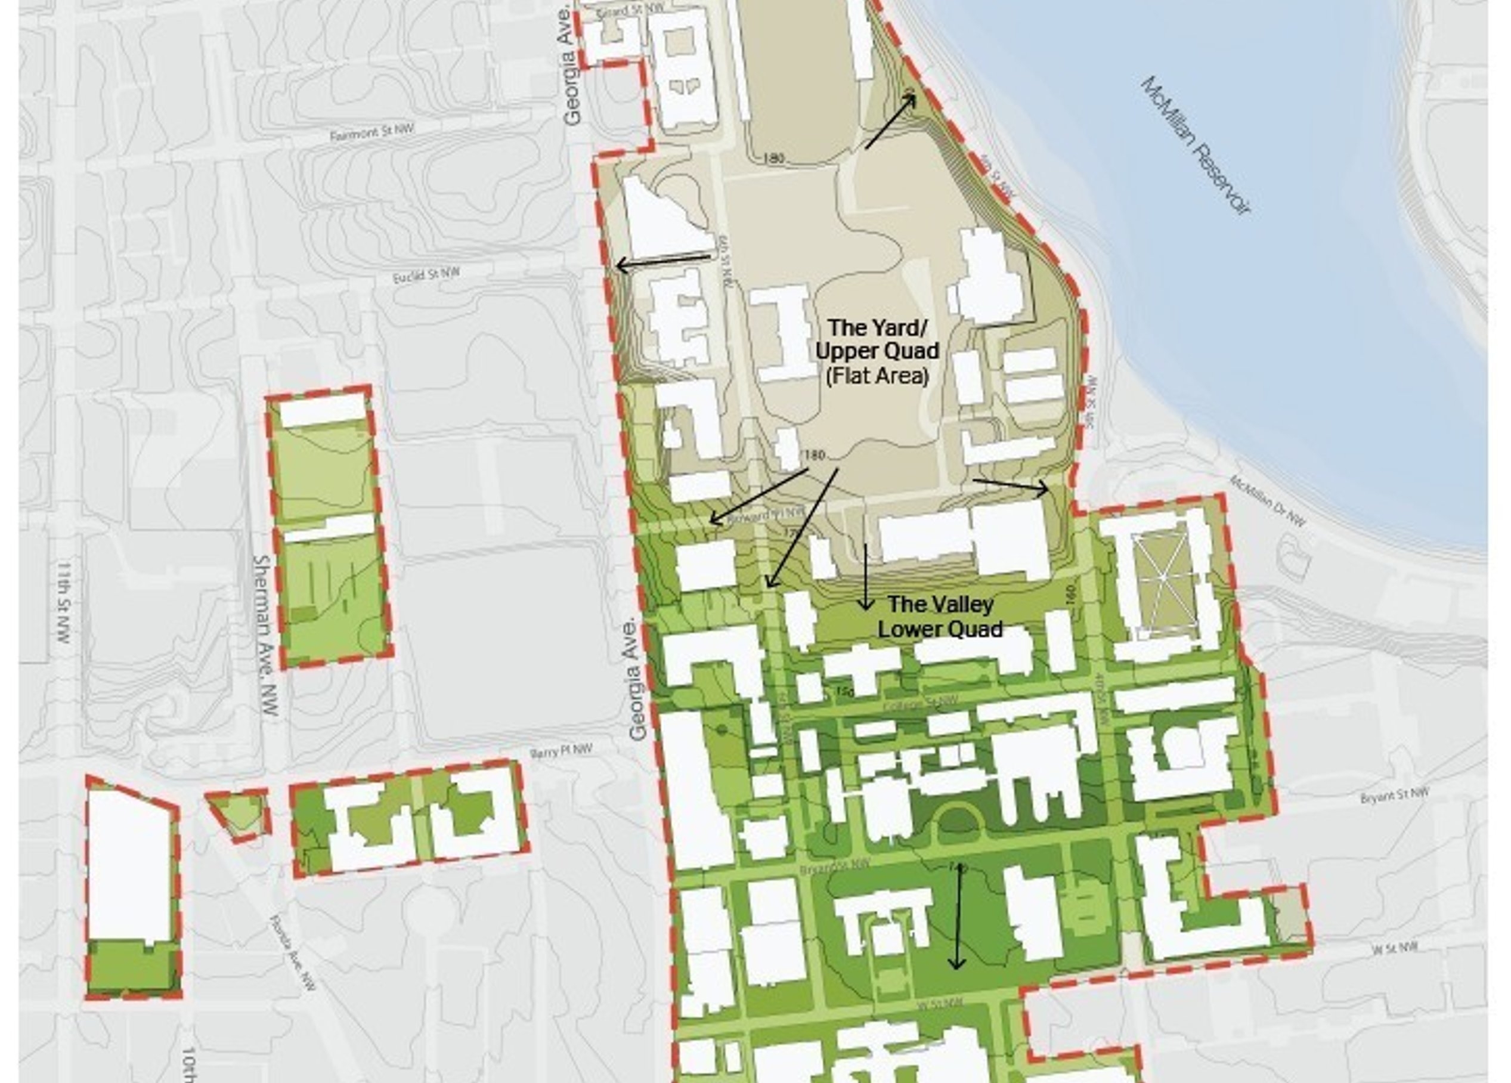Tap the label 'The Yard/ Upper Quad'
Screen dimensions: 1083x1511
pyautogui.click(x=877, y=339)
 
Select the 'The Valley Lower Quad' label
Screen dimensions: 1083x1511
pyautogui.click(x=940, y=617)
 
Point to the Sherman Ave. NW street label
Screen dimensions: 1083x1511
pyautogui.click(x=265, y=635)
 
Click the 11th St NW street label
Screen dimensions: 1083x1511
pyautogui.click(x=64, y=603)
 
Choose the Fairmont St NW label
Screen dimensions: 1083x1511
pyautogui.click(x=371, y=132)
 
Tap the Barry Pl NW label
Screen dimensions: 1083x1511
pyautogui.click(x=561, y=751)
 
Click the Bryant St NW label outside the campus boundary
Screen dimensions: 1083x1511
pyautogui.click(x=1394, y=796)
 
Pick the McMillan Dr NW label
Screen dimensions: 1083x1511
pyautogui.click(x=1267, y=500)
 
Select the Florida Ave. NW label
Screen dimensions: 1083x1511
pyautogui.click(x=293, y=953)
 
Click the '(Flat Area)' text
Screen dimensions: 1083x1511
pyautogui.click(x=877, y=376)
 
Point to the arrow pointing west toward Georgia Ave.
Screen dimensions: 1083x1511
pyautogui.click(x=664, y=261)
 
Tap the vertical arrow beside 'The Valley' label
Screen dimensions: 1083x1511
pyautogui.click(x=865, y=577)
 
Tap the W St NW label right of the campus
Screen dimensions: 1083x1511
pyautogui.click(x=1395, y=948)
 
